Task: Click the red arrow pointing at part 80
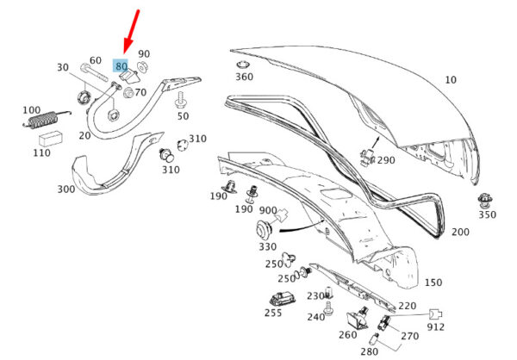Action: (x=131, y=32)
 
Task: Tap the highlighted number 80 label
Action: (x=121, y=65)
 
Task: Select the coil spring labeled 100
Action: (x=47, y=120)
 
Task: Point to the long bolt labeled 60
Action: (x=94, y=73)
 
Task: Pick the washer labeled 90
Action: (x=142, y=67)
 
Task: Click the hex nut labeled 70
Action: (x=128, y=93)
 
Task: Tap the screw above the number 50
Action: (x=181, y=100)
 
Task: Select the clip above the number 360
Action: (x=243, y=65)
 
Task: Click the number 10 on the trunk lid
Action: (x=451, y=80)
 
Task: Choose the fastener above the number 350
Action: (x=484, y=200)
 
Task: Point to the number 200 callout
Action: (x=460, y=232)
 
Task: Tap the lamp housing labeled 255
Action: (x=283, y=299)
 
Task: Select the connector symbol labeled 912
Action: (x=435, y=315)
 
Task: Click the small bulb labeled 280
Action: (x=374, y=338)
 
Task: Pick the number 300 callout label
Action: (x=66, y=189)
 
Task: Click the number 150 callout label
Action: (x=433, y=282)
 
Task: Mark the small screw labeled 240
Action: (x=328, y=308)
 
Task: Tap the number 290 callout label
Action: (x=386, y=160)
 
